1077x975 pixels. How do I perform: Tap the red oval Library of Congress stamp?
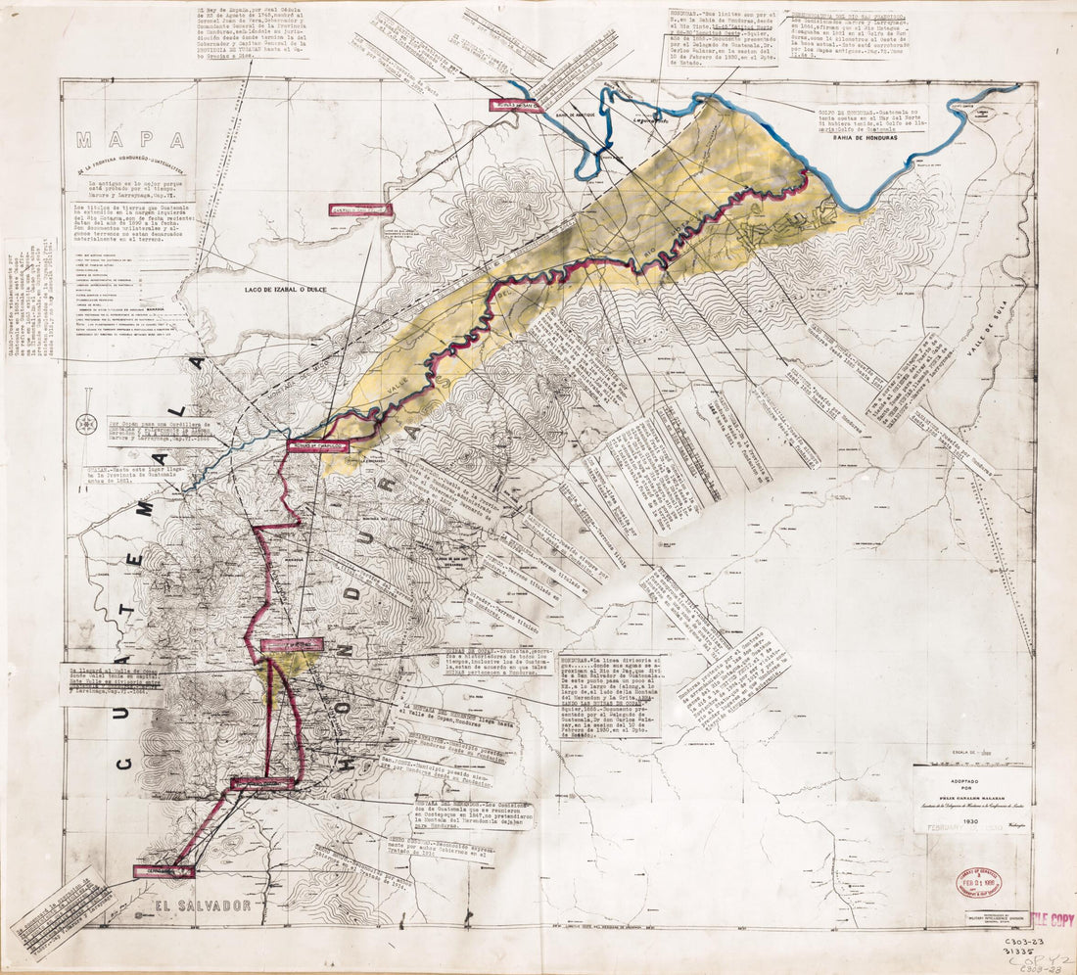[978, 884]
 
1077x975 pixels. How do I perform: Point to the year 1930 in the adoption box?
[969, 821]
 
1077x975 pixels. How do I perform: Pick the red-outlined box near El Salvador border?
[164, 870]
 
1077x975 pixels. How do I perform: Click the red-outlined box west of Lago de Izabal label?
[359, 209]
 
